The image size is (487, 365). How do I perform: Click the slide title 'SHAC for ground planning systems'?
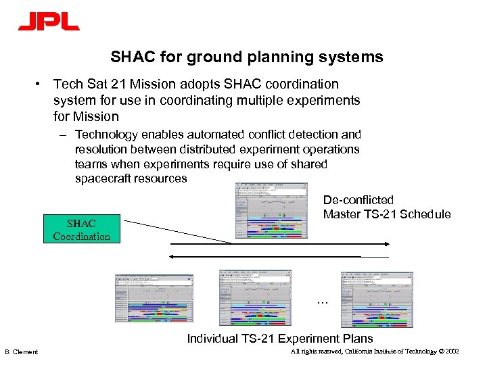click(247, 57)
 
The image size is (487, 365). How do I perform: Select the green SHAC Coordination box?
click(81, 230)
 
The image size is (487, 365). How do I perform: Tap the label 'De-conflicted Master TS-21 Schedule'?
click(386, 208)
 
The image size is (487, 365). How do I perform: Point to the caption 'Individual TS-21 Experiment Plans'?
click(279, 338)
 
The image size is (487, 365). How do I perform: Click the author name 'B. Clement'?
click(22, 352)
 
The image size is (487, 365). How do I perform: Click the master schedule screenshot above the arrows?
click(271, 211)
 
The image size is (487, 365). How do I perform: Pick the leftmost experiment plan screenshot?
click(154, 299)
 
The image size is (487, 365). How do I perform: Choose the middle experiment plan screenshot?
click(256, 298)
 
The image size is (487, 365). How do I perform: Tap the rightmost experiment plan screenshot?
click(377, 299)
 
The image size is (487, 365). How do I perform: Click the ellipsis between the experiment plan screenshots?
click(322, 301)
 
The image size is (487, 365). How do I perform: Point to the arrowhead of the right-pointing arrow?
click(386, 244)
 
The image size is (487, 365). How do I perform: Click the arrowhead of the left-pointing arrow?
click(172, 256)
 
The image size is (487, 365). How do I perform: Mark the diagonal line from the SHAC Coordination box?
click(179, 230)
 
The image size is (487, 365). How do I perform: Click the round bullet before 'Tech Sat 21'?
click(41, 84)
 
